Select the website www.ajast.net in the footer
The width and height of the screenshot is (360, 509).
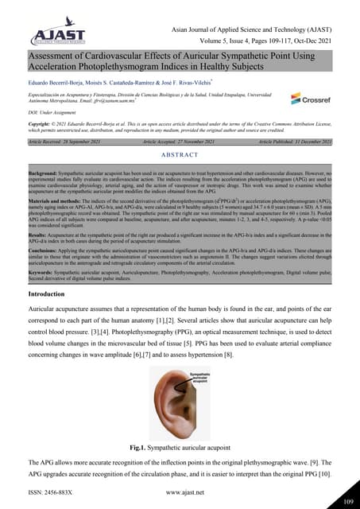pos(179,493)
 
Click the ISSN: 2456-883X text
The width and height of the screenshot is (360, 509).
pos(50,493)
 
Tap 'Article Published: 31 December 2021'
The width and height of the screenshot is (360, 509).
pos(306,141)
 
